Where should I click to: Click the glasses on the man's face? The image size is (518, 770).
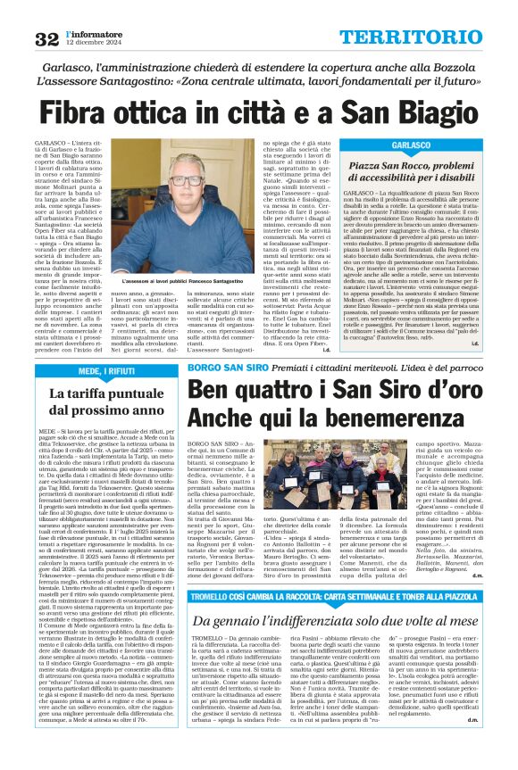point(188,179)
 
